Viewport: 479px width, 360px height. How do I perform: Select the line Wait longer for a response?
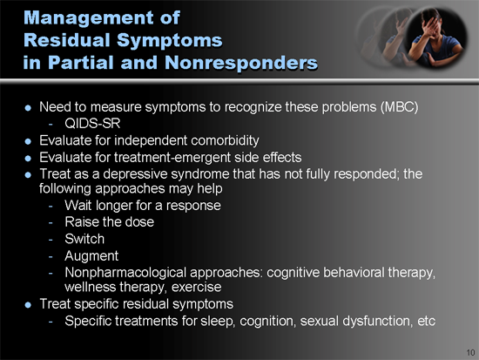click(143, 206)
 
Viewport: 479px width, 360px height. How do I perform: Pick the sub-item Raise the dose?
click(111, 221)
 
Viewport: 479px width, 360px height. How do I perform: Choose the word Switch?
click(84, 238)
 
